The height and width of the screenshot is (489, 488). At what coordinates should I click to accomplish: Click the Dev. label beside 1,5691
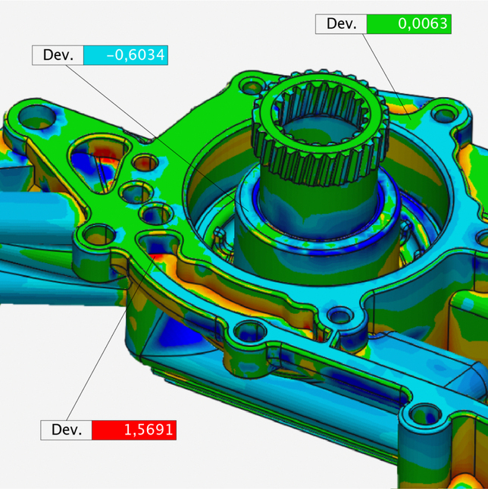(x=67, y=430)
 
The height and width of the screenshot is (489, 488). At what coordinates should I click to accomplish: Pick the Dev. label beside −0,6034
(x=58, y=55)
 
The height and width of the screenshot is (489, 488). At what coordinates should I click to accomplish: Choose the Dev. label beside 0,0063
(x=341, y=24)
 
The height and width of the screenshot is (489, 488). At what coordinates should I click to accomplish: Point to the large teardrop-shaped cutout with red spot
(x=99, y=164)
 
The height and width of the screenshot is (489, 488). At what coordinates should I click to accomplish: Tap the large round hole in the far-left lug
(x=37, y=117)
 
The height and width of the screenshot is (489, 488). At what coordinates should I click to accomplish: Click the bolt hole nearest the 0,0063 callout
(x=445, y=114)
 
